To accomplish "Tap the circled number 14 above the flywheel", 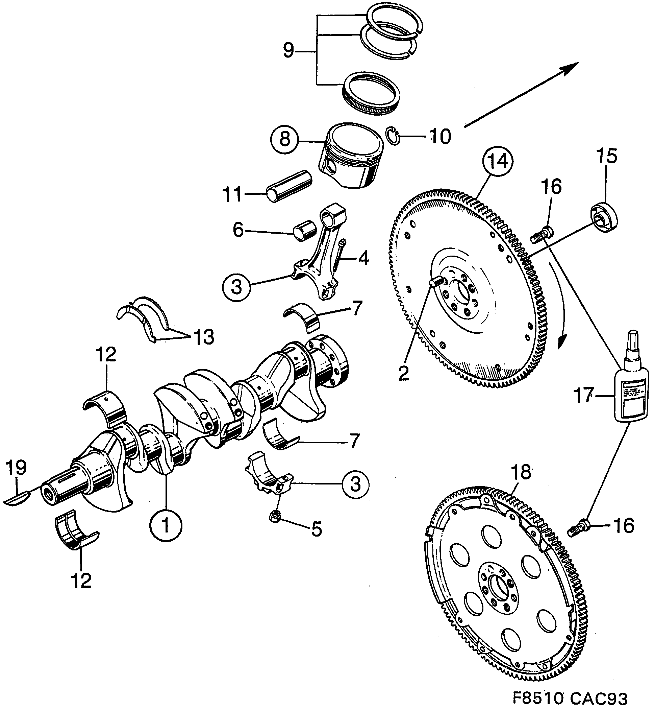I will tap(499, 162).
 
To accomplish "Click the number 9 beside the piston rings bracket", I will tap(288, 51).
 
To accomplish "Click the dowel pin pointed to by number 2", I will tap(436, 282).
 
